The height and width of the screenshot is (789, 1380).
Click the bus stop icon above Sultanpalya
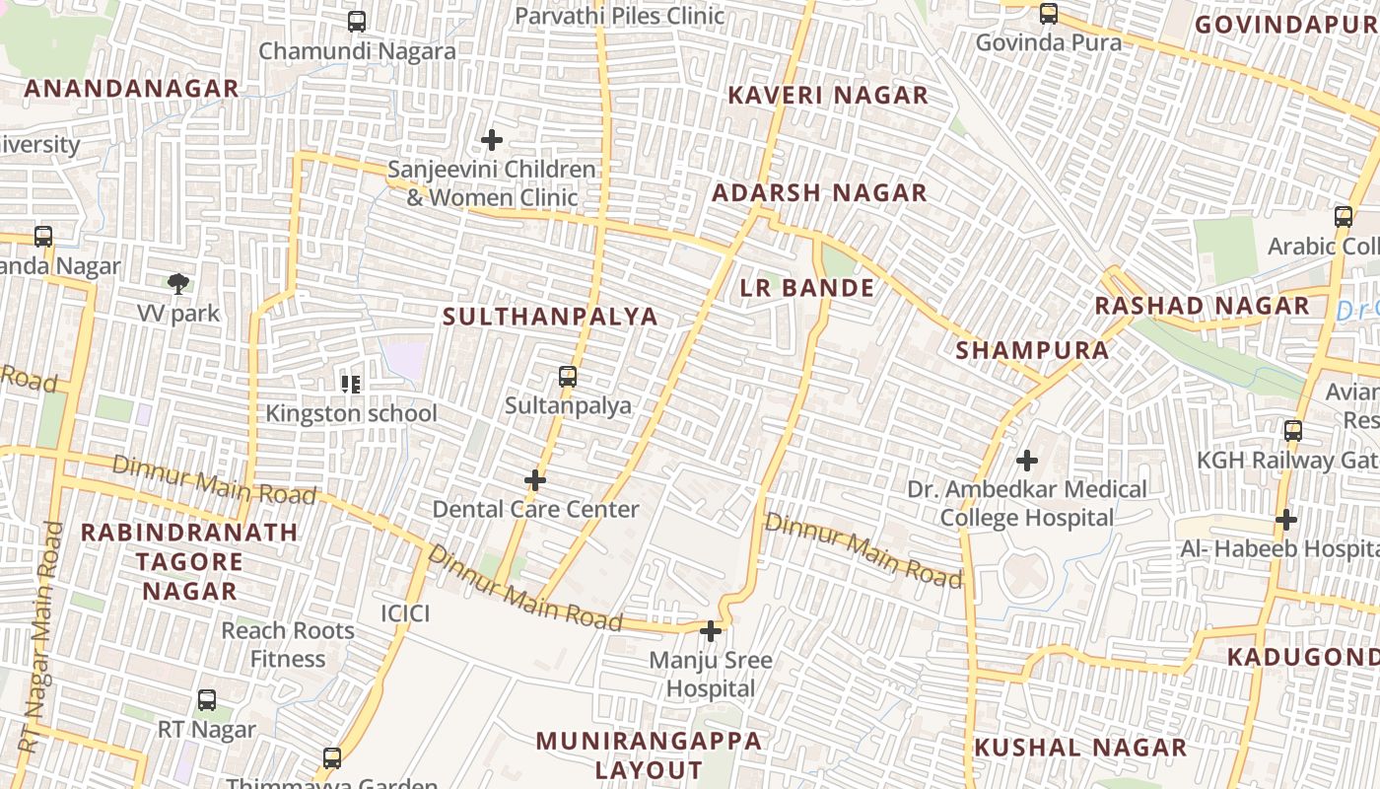568,376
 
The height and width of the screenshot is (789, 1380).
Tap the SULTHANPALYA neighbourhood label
550,317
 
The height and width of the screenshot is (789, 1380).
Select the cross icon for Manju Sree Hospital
711,631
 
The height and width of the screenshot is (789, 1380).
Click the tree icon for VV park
178,285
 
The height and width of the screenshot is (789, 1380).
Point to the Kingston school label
351,413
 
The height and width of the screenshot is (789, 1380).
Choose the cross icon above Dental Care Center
535,480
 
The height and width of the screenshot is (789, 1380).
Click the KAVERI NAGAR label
828,96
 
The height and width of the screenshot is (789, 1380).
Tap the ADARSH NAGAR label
819,193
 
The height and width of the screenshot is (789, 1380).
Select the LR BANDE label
807,288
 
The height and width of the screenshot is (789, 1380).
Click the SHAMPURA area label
1032,350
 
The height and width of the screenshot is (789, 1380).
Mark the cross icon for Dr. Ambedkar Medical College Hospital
1027,461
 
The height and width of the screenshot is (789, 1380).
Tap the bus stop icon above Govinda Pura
1049,14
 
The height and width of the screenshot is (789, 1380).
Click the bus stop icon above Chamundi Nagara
357,21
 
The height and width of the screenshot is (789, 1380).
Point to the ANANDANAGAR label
132,89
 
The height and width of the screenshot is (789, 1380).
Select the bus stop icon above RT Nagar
207,700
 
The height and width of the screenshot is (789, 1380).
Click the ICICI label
405,613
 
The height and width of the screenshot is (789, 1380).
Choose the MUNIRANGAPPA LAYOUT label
649,754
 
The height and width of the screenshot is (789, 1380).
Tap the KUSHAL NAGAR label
1080,748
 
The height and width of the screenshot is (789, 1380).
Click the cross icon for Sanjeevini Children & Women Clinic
492,140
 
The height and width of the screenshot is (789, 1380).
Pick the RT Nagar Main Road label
40,636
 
